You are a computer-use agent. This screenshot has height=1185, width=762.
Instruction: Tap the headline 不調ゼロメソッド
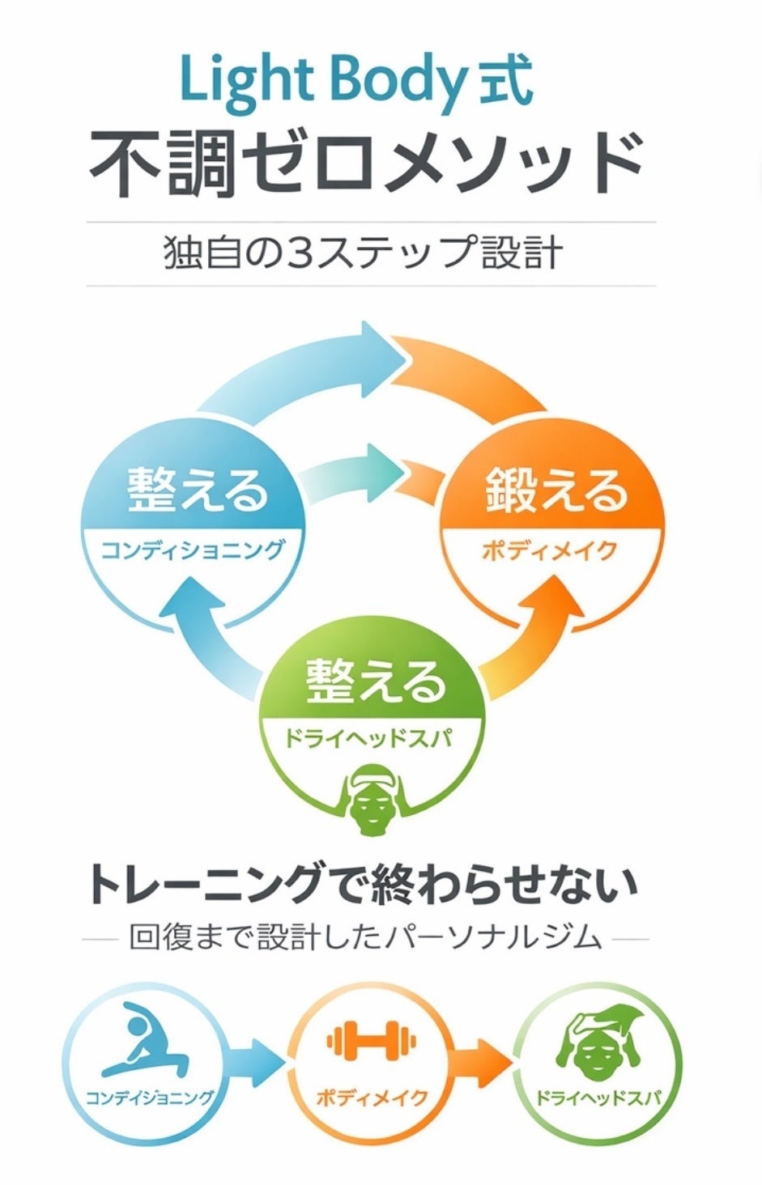[x=366, y=164]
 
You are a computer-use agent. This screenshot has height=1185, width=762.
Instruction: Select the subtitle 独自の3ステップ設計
[x=363, y=253]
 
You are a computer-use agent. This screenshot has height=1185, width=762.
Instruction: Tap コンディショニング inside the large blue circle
[x=193, y=550]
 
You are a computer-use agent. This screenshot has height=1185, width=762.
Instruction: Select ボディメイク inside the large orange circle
[x=551, y=550]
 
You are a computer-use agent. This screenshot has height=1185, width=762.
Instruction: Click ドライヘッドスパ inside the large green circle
[x=368, y=738]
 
